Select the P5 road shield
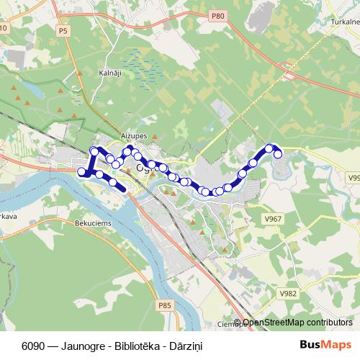pos(63,32)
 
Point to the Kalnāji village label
pos(110,73)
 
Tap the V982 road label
pos(289,294)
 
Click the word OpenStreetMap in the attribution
pos(274,323)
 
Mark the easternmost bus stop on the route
pos(278,154)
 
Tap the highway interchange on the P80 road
pos(289,73)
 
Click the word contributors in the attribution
pos(328,323)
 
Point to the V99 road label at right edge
pos(353,176)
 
